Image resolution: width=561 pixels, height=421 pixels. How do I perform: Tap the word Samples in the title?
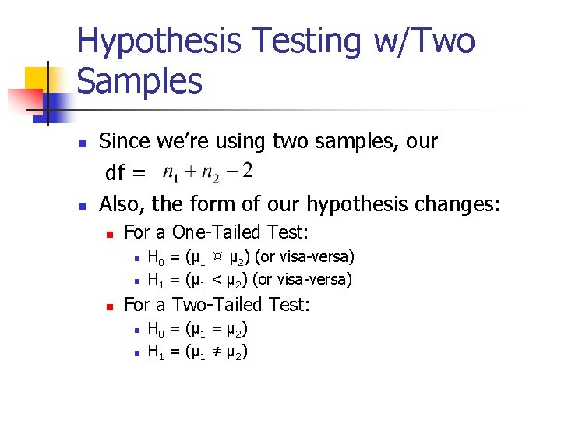click(140, 80)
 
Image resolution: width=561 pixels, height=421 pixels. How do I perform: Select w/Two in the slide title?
click(424, 41)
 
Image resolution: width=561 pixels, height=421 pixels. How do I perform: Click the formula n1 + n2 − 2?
click(206, 171)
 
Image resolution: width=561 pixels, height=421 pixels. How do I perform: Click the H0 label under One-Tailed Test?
click(155, 257)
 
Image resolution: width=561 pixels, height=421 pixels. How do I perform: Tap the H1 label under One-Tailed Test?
click(155, 279)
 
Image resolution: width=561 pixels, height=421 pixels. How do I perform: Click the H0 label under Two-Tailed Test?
click(155, 330)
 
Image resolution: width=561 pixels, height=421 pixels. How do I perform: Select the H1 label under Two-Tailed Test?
click(155, 352)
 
